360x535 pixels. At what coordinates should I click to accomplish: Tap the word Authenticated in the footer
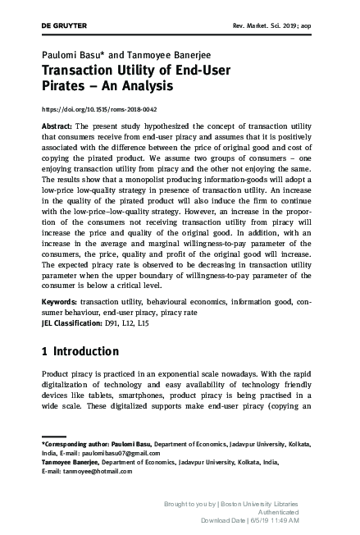click(x=271, y=510)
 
